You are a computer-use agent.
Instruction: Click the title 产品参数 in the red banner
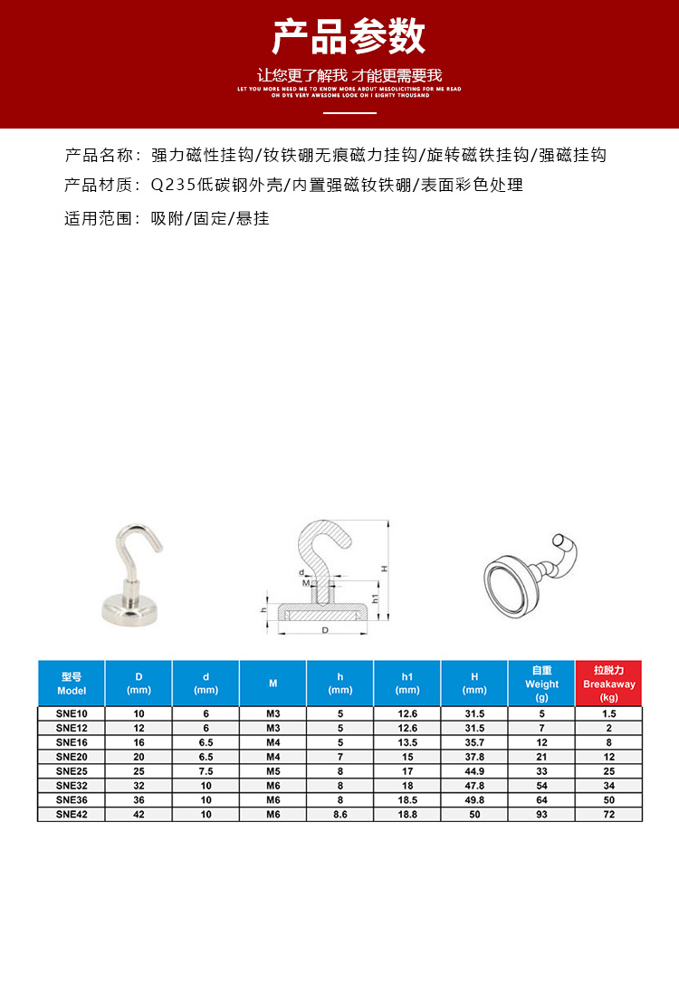coord(349,37)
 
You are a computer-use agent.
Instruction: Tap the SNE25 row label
coord(71,770)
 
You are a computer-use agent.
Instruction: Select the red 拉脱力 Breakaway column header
coord(608,684)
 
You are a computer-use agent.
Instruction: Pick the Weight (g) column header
coord(541,684)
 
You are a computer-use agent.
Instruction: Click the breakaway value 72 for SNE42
coord(608,814)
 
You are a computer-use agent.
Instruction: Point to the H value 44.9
coord(474,770)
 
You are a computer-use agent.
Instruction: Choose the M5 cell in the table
coord(273,770)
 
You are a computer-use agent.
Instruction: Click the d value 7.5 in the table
coord(206,770)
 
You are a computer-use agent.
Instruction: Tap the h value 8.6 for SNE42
coord(340,814)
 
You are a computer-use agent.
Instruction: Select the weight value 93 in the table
coord(541,814)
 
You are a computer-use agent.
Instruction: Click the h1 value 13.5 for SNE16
coord(407,741)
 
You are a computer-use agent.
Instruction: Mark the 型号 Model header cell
coord(72,684)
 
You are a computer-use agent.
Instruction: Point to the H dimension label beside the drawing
coord(383,568)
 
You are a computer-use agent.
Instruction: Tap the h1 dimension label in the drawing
coord(373,598)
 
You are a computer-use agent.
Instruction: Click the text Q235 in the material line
coord(168,186)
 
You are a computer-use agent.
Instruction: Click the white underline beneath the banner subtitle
coord(349,113)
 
